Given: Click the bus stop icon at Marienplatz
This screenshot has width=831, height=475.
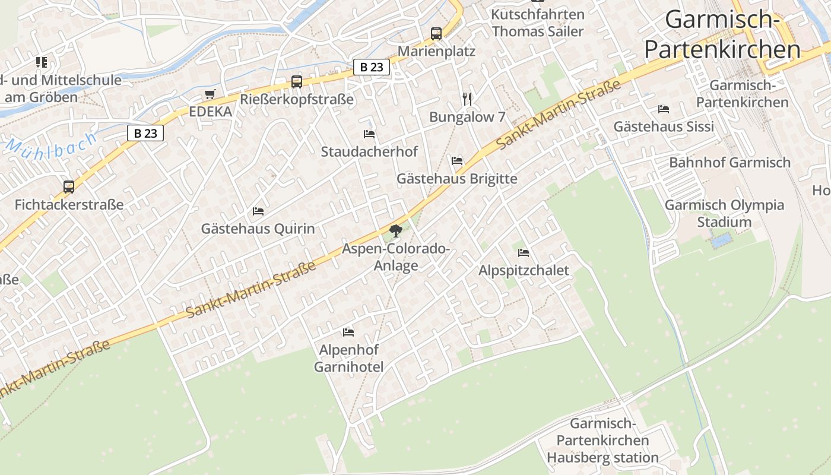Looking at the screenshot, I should (x=436, y=34).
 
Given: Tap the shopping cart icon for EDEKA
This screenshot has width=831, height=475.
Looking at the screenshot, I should (x=210, y=94).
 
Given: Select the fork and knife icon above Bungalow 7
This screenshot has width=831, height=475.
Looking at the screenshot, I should (x=467, y=99).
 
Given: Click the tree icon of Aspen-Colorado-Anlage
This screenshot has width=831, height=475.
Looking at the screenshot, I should (x=396, y=231).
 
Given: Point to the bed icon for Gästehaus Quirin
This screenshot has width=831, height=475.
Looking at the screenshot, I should (x=258, y=211).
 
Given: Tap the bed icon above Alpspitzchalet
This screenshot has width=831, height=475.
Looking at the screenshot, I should (x=523, y=253).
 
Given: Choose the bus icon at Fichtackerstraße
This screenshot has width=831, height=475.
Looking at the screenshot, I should (x=69, y=187).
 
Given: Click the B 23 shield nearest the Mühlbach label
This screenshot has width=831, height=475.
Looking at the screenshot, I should (x=145, y=133).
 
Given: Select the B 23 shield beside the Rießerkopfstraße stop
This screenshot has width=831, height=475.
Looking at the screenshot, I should (x=372, y=67).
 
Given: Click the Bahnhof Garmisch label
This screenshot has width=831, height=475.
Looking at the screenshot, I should (x=729, y=162).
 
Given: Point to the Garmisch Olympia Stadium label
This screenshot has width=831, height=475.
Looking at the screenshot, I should (x=724, y=213).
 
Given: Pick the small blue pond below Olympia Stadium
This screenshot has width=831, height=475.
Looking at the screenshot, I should (x=721, y=240).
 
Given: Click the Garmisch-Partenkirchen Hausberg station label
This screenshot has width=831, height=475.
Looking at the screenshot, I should (x=602, y=441).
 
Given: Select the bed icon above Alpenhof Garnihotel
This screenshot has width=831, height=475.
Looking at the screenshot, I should (x=348, y=332).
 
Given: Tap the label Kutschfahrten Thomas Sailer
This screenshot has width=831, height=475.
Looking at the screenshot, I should (x=538, y=23).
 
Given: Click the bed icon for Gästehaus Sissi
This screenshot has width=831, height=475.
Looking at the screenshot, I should (x=664, y=109).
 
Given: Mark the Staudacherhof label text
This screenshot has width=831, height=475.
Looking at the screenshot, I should (x=369, y=151).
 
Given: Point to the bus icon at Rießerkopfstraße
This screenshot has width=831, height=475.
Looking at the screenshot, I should (x=297, y=82).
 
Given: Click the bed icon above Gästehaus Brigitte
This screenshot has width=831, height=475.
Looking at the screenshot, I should (x=457, y=161).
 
